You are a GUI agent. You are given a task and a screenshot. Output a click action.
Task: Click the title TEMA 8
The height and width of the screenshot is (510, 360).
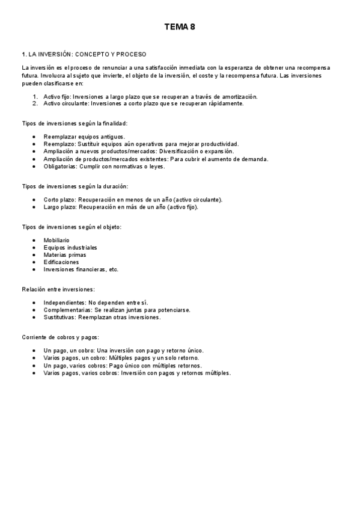point(180,27)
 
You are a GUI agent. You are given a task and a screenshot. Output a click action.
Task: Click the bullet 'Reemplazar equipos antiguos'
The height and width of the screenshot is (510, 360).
point(84,137)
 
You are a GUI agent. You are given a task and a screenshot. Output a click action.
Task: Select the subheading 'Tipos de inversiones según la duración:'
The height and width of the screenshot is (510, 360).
point(75,187)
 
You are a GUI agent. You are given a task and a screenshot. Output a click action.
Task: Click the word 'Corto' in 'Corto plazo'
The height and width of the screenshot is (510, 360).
point(52,200)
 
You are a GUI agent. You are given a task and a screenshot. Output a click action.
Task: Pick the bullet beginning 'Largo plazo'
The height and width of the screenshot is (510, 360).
point(120,207)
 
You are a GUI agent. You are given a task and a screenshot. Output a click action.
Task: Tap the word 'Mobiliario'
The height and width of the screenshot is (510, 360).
point(57,240)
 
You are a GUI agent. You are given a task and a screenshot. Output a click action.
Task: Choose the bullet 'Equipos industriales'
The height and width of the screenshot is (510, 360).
point(70,247)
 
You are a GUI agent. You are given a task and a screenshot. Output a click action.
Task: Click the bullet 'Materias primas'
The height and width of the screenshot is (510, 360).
point(65,254)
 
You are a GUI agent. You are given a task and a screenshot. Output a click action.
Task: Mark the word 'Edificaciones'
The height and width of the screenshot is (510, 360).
point(61,262)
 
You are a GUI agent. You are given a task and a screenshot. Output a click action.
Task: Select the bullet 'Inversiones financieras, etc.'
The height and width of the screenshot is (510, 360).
point(81,269)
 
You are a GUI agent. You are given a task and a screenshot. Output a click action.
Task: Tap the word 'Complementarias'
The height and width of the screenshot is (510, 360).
point(67,310)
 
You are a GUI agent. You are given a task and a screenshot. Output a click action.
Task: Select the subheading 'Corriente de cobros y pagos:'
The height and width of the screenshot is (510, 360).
point(60,337)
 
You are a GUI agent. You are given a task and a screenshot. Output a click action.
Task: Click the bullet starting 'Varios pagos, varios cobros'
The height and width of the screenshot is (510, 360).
point(137,373)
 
